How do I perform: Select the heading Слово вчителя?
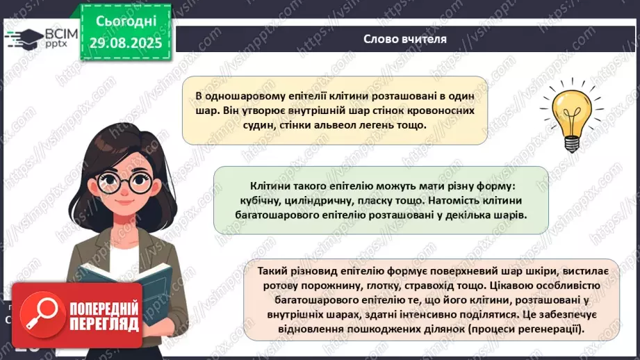point(405,39)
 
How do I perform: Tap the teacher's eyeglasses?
point(125,182)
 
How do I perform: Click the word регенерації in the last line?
point(543,329)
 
